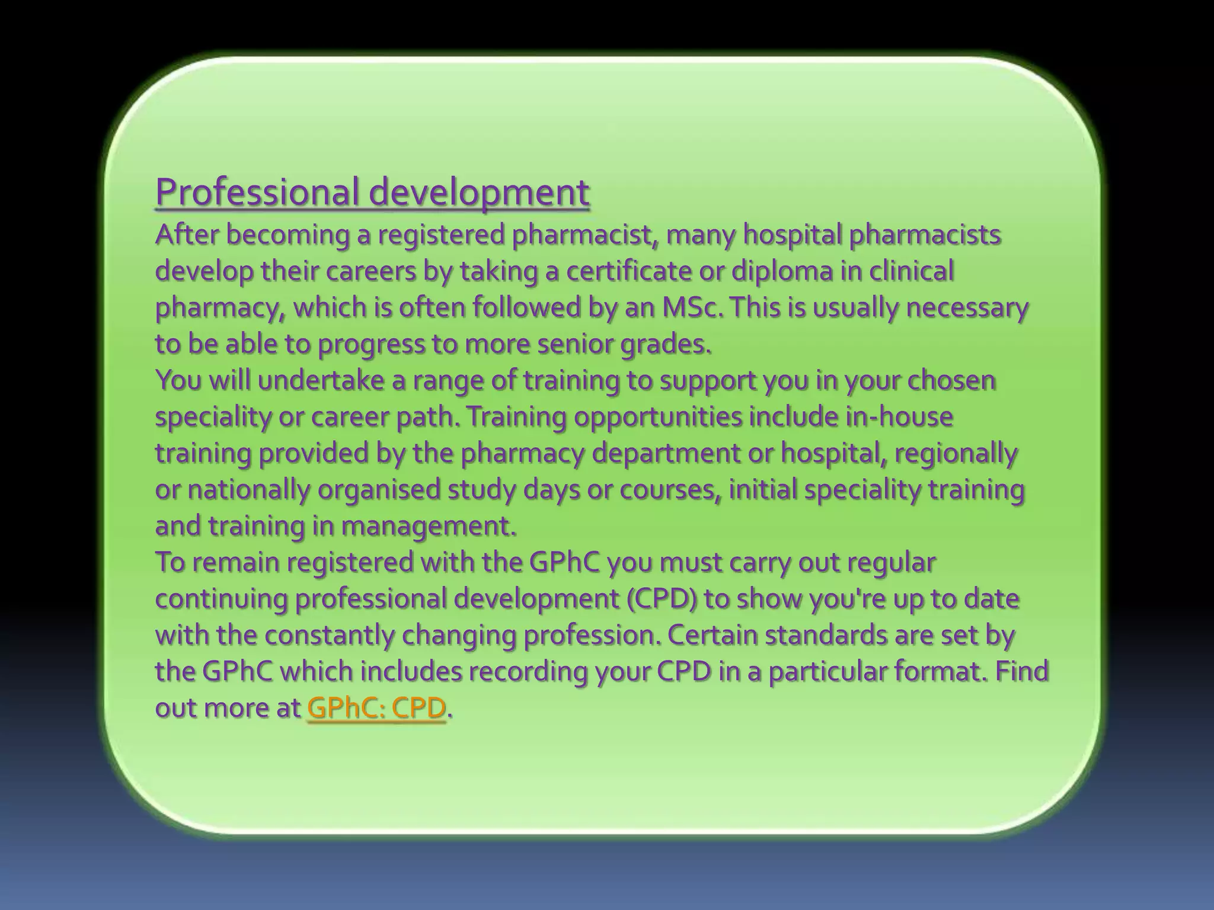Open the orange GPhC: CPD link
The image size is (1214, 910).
pyautogui.click(x=376, y=708)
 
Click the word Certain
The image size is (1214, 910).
pyautogui.click(x=712, y=635)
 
